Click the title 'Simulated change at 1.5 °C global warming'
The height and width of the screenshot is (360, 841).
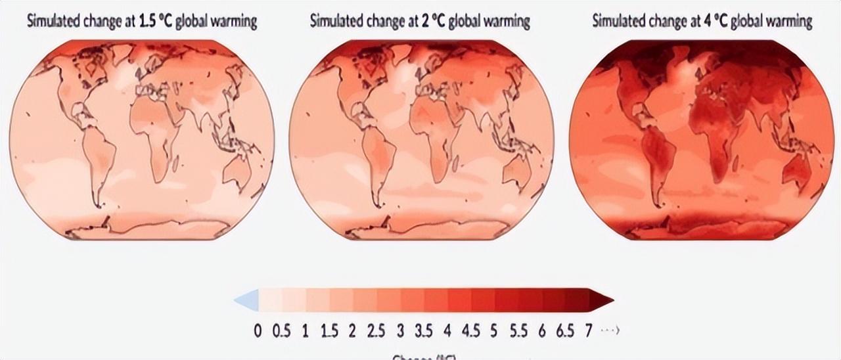[x=141, y=22]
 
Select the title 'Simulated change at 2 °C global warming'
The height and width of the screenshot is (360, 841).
[x=420, y=22]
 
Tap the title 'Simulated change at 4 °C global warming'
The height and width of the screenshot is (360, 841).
[x=702, y=22]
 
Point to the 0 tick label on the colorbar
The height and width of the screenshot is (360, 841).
[x=258, y=330]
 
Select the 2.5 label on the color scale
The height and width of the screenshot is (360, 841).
[x=376, y=330]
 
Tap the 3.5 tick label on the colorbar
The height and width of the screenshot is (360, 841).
[x=424, y=330]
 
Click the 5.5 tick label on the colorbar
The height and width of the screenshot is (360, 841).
[x=519, y=330]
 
